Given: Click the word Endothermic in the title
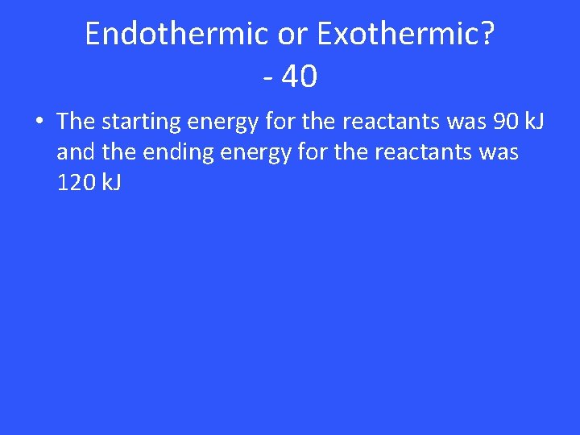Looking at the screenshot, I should [x=176, y=34].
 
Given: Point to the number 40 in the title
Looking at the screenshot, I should [x=300, y=77].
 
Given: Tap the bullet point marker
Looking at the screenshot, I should [x=39, y=122].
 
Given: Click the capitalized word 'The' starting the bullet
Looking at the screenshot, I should [x=76, y=122].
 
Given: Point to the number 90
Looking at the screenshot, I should [x=500, y=122].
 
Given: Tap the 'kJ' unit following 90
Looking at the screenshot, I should [x=532, y=122].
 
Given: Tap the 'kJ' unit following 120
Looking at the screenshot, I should [x=111, y=183].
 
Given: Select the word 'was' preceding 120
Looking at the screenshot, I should [x=495, y=152].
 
